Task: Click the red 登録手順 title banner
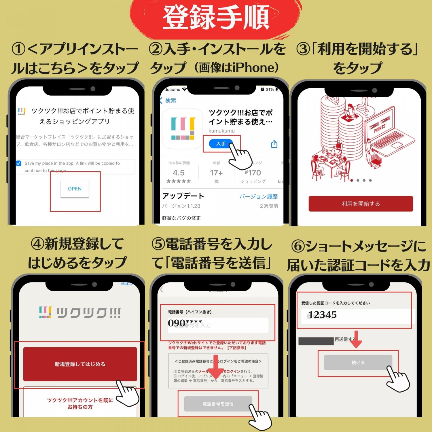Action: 216,18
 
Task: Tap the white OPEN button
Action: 75,189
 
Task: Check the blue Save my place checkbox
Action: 19,163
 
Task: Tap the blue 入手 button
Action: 221,143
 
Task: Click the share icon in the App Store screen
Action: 274,144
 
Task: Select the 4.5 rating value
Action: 179,173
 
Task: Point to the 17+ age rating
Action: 216,173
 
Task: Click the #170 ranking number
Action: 253,173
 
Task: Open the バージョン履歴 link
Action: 258,197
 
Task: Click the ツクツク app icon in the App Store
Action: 183,128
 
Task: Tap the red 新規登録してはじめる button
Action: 80,364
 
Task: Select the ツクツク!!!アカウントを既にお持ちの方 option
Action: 80,403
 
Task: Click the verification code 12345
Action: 323,315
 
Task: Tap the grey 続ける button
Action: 358,363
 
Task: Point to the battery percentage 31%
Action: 270,90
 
